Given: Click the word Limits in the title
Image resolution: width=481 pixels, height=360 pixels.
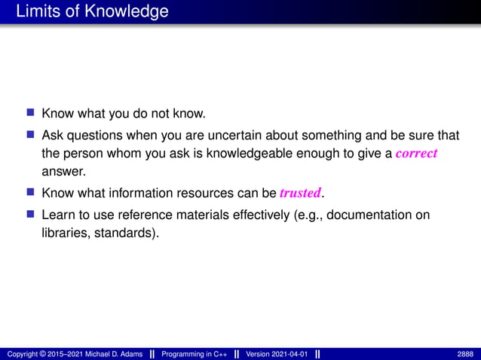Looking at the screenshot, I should [x=37, y=12].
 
